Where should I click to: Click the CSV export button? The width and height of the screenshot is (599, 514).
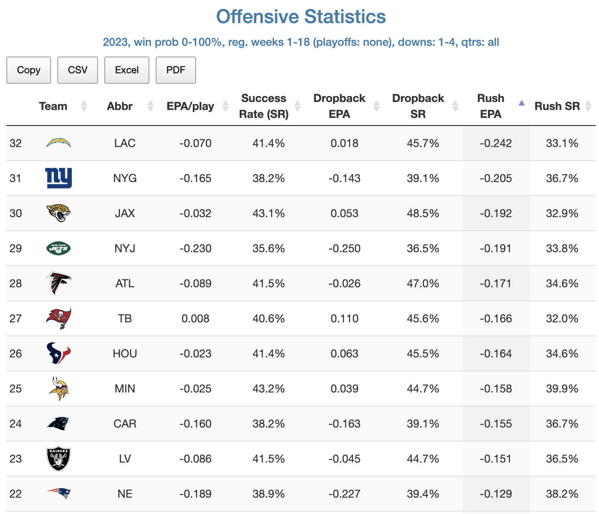point(78,70)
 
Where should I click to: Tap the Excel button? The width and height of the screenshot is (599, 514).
point(127,70)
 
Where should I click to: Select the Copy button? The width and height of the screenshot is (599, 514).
point(29,70)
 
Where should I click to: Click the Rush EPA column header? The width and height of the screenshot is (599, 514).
point(491,106)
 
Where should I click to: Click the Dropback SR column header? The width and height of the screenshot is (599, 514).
point(418,106)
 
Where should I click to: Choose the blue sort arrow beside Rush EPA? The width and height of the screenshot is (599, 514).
point(521,104)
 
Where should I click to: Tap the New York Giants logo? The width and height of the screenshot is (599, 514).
point(59,178)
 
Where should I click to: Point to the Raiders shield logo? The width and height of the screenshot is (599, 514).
point(59,458)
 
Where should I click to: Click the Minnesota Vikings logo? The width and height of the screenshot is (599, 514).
point(59,388)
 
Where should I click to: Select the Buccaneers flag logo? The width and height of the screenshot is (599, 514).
point(59,318)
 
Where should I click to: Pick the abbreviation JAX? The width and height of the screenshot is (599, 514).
point(125,213)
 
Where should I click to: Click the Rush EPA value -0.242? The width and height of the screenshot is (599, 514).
point(495,143)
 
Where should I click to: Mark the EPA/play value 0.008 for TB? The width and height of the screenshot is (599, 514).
point(195,318)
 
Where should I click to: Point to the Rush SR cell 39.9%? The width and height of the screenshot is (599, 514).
point(562,388)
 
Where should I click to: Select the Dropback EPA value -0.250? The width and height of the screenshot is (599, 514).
point(345,248)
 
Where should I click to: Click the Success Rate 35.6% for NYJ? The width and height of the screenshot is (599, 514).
point(268,248)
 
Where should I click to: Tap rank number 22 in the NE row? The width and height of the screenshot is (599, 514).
point(16,494)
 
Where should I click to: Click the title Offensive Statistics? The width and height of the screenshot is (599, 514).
point(301,17)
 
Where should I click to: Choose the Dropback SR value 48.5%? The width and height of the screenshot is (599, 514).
point(423,213)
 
